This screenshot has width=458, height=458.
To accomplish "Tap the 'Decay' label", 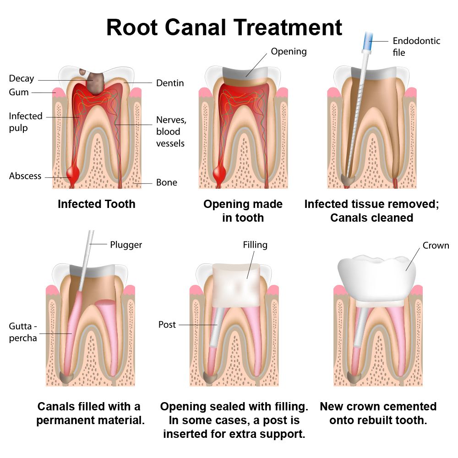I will (22, 78).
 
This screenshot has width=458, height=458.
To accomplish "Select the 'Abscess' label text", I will (25, 176).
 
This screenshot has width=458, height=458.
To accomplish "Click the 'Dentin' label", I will (170, 83).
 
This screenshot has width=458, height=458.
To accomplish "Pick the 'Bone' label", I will (167, 182).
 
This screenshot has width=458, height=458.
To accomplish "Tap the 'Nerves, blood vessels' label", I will (171, 131).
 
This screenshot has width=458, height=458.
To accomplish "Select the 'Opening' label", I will (289, 51).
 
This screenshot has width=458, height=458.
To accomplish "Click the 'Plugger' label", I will (126, 245).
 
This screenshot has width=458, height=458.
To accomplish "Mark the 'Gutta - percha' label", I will (23, 332).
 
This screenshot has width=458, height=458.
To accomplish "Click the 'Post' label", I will (167, 324).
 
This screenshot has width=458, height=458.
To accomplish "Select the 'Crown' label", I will (436, 245).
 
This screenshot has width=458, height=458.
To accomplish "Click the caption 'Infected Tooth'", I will (96, 204).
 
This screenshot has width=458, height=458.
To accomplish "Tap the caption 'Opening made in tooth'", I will (243, 211).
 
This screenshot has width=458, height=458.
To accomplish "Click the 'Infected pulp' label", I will (26, 122).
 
